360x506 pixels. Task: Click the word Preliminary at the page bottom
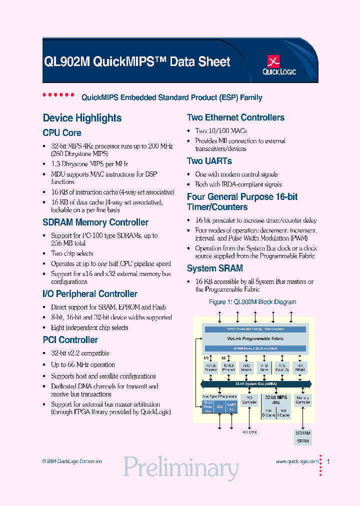[180, 467]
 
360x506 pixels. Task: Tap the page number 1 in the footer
[328, 461]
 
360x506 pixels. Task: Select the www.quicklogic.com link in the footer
[296, 461]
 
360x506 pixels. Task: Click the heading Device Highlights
[82, 118]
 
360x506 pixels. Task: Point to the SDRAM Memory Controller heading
[95, 222]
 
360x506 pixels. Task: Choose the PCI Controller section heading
[70, 340]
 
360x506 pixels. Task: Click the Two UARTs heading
[209, 161]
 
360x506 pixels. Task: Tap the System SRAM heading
[214, 268]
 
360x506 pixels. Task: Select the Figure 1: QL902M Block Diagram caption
[252, 302]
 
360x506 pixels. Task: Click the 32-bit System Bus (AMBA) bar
[255, 383]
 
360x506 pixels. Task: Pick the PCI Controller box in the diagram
[249, 400]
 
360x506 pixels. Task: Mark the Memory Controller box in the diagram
[302, 400]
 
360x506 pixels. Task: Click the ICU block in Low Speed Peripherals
[219, 406]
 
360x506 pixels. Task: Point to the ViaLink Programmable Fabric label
[255, 338]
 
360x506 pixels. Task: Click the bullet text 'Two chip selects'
[72, 253]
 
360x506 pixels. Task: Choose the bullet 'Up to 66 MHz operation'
[83, 365]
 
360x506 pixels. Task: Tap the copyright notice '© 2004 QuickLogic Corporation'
[72, 461]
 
